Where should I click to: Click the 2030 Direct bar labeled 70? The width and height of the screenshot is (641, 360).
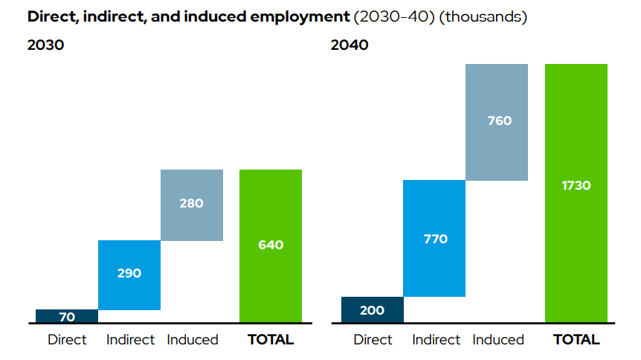67,316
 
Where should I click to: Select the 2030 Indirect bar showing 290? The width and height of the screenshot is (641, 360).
129,274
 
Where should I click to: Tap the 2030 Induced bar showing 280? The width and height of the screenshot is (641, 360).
192,205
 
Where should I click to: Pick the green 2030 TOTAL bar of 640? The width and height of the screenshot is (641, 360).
271,246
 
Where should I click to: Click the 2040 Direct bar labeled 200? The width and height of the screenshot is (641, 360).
372,310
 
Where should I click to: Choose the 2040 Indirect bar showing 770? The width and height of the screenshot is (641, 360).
434,238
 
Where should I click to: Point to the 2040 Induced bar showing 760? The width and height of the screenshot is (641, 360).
497,122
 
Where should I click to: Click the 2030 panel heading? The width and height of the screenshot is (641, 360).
46,45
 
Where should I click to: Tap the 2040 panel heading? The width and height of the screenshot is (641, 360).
350,45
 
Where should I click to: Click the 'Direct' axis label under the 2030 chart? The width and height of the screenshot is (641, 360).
67,340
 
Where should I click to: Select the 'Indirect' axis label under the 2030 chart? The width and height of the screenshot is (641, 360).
130,340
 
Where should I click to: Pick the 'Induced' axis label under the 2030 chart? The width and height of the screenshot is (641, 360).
193,340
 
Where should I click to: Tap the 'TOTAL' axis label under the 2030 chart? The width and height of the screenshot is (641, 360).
271,340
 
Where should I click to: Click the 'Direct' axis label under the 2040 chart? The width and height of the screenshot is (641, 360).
373,340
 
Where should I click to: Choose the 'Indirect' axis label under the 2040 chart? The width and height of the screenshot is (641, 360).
436,340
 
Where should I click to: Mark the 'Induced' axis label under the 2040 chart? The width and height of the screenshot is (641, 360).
498,340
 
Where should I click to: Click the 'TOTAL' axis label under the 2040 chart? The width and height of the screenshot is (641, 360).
576,340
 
